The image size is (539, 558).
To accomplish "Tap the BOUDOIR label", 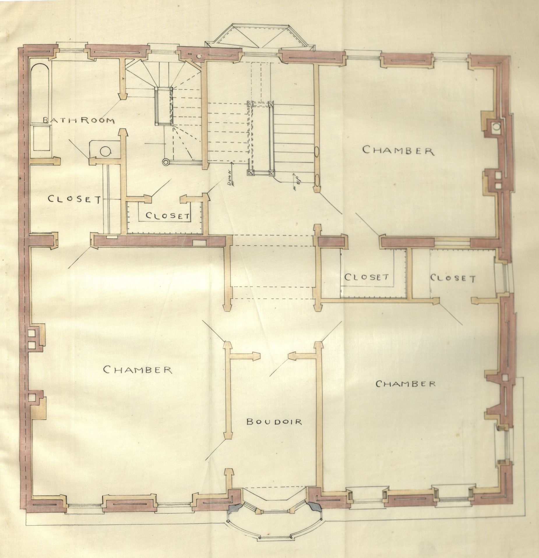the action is (x=274, y=421).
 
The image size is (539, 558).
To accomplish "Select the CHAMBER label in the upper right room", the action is (x=398, y=150).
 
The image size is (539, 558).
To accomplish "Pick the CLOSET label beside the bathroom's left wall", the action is (x=74, y=199).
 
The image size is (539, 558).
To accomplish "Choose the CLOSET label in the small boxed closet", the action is (x=168, y=216).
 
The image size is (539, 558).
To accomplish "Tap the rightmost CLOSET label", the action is (x=452, y=278).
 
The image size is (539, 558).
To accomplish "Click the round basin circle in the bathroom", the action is (x=105, y=151).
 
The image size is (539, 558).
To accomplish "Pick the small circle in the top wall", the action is (x=199, y=55).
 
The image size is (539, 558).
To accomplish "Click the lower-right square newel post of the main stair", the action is (x=272, y=173).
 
